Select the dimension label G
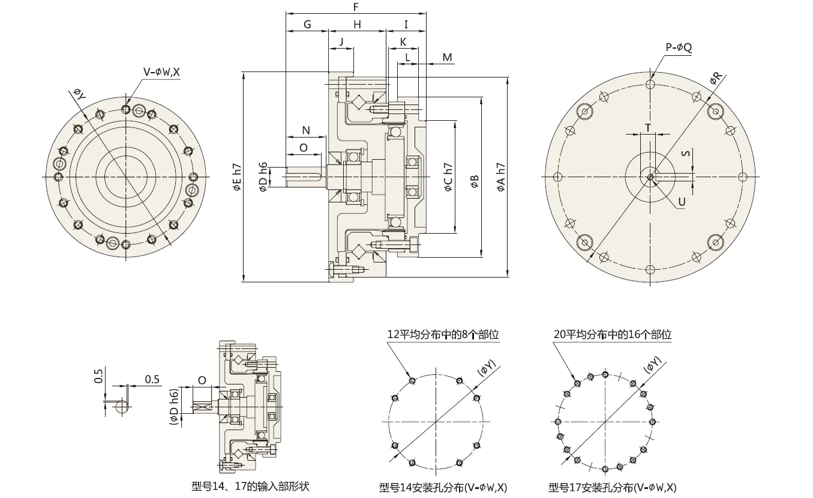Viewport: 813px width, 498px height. point(307,25)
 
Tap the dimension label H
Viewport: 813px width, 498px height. point(357,25)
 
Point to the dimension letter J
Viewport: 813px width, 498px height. point(341,41)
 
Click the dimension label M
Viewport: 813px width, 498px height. point(448,57)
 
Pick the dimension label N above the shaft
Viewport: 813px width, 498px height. point(305,130)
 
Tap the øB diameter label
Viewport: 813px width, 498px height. point(475,181)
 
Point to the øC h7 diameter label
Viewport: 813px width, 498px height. point(448,177)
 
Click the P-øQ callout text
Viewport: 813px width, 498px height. point(679,47)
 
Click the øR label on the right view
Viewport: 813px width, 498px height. point(716,78)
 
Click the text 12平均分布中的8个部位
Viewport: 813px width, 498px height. point(443,335)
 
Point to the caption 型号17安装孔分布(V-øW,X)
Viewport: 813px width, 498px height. point(613,487)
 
